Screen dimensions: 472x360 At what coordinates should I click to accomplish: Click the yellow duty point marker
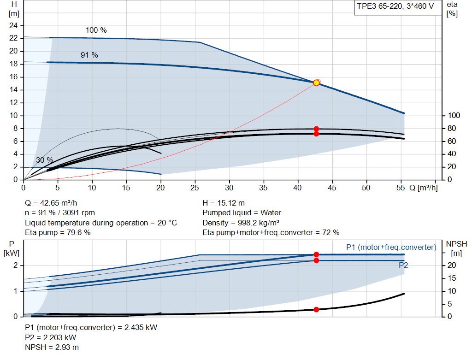click(x=316, y=83)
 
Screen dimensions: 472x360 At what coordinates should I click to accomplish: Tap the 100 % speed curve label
click(x=96, y=30)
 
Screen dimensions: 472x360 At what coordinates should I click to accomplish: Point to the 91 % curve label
click(x=89, y=55)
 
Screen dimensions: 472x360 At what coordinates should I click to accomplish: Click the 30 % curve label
click(x=45, y=160)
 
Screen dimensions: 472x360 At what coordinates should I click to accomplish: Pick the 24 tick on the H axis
click(x=13, y=26)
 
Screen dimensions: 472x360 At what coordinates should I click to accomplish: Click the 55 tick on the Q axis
click(x=401, y=188)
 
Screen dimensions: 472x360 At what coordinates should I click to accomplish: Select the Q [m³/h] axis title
click(x=424, y=188)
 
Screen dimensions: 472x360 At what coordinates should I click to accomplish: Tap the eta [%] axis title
click(x=452, y=9)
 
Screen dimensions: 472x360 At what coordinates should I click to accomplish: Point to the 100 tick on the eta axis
click(x=454, y=116)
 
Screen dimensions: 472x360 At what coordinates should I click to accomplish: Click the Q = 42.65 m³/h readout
click(x=51, y=203)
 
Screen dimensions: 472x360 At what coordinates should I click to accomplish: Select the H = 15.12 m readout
click(x=224, y=203)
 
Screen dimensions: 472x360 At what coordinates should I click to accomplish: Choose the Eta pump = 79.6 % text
click(x=58, y=233)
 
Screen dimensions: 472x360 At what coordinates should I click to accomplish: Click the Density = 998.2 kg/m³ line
click(x=241, y=223)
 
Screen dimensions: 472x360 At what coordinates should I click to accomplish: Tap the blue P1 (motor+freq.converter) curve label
click(x=391, y=248)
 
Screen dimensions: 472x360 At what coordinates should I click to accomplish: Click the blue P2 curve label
click(x=403, y=265)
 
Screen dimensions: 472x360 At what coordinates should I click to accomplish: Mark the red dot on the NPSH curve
click(x=316, y=309)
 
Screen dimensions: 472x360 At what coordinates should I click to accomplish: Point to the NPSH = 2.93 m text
click(x=52, y=348)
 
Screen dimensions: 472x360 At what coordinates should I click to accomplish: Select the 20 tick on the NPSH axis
click(x=452, y=266)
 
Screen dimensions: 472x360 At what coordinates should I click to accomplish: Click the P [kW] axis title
click(x=12, y=248)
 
